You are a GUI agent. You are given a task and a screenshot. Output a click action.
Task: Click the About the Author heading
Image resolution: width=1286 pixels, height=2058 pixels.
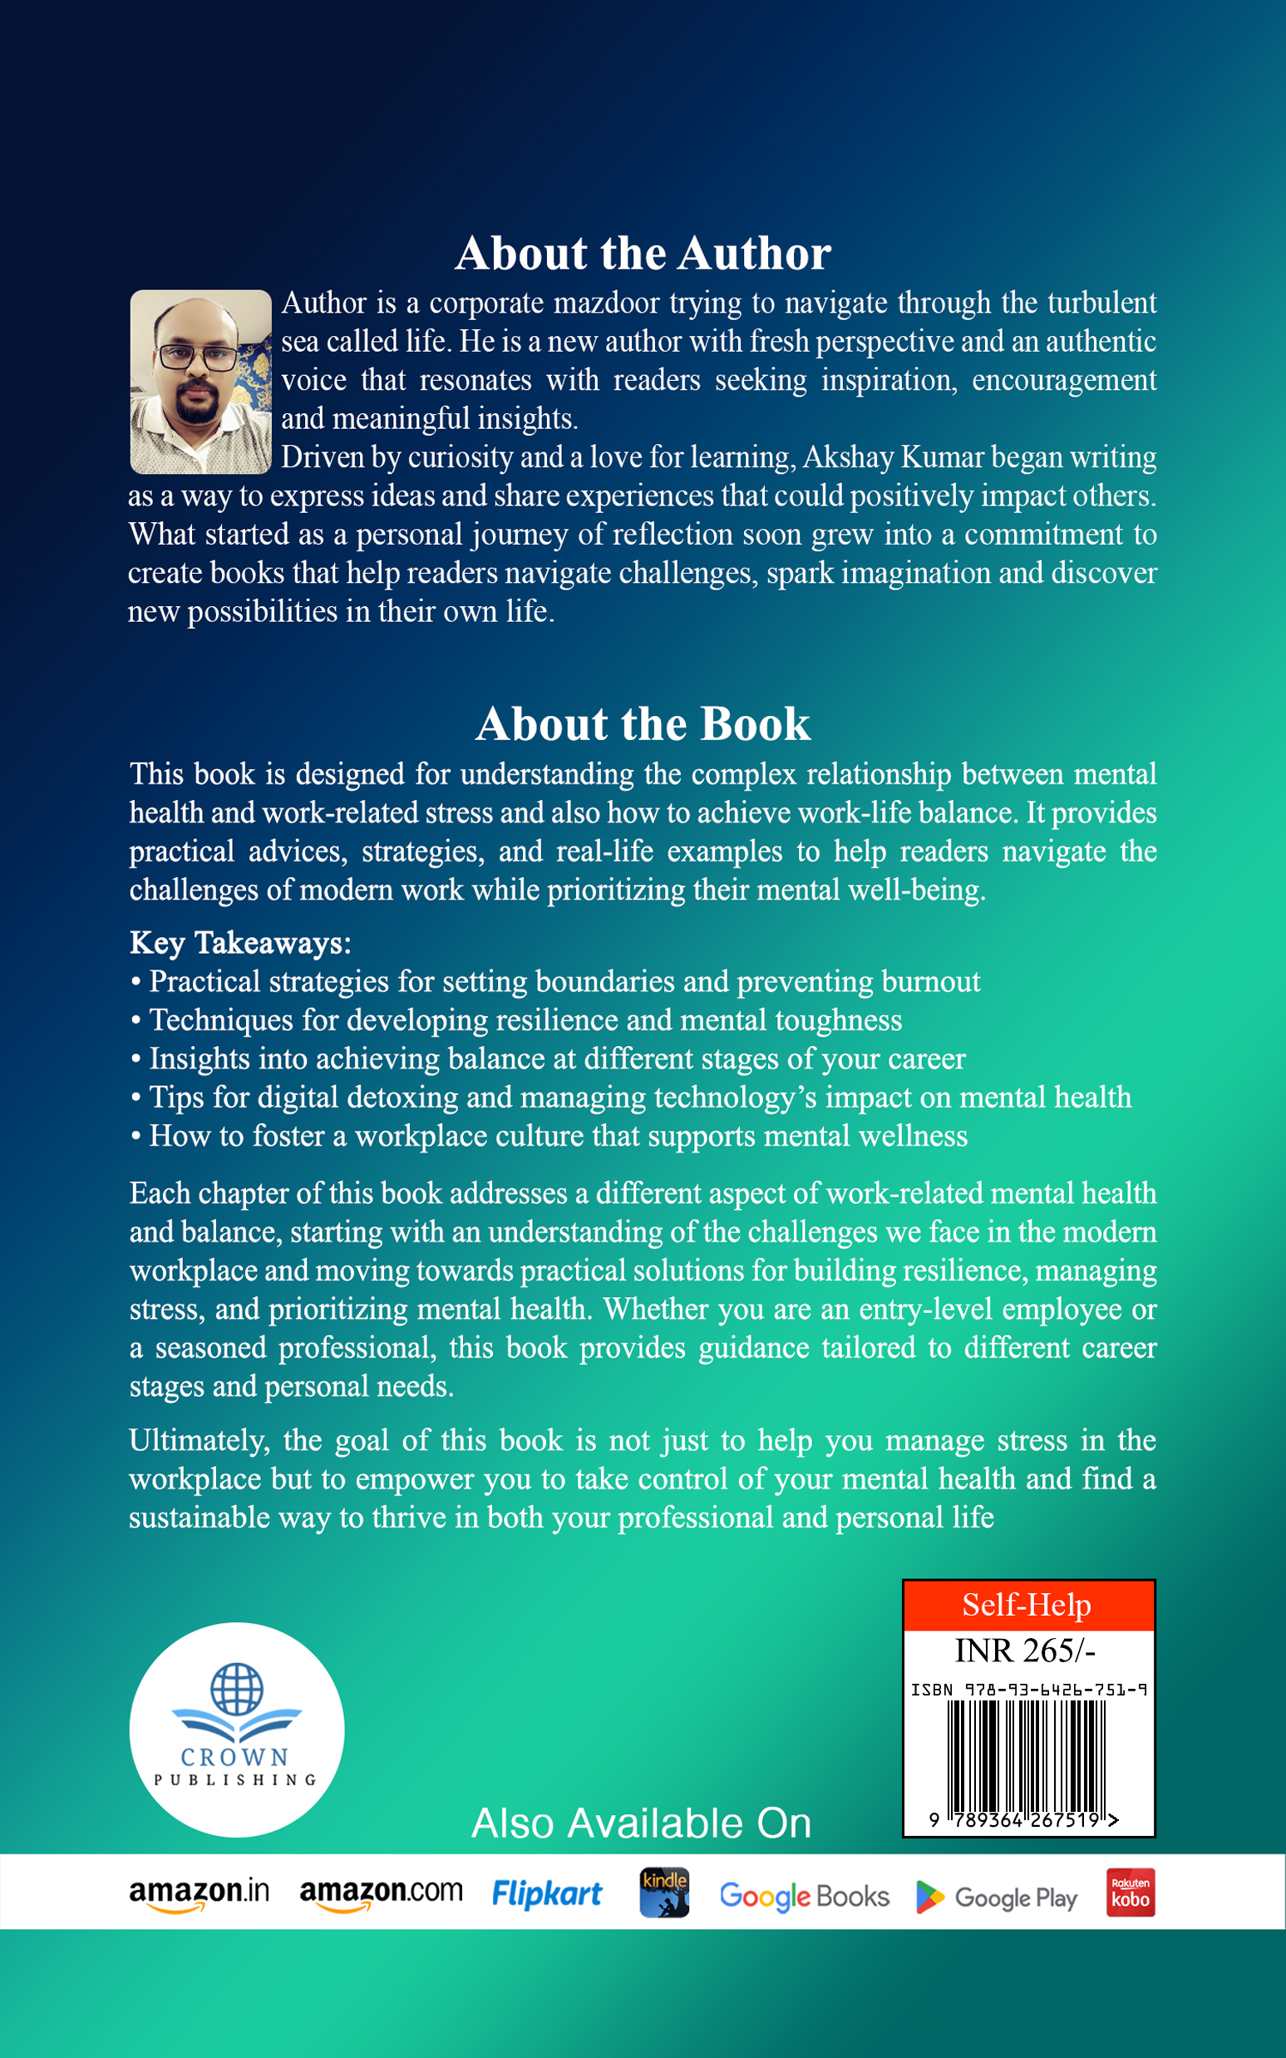(x=643, y=254)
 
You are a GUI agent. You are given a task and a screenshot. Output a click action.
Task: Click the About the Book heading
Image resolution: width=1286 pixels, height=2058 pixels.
(x=643, y=724)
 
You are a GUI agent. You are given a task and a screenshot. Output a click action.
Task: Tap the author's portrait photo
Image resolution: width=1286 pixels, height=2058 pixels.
(x=200, y=381)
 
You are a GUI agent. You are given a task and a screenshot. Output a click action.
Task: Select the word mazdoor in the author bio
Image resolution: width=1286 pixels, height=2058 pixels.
(x=605, y=303)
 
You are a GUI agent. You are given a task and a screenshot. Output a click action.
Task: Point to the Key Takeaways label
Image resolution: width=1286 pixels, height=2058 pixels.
(x=240, y=943)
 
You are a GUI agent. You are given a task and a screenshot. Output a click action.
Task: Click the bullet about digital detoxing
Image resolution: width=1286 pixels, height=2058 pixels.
(x=639, y=1098)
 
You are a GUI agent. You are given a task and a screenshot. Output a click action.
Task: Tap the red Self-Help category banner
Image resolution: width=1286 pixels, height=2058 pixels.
(x=1027, y=1606)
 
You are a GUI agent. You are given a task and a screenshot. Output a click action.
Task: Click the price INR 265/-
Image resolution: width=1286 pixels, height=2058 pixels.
(x=1025, y=1651)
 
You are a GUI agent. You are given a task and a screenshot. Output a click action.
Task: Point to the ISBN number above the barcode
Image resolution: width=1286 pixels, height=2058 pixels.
(x=1029, y=1690)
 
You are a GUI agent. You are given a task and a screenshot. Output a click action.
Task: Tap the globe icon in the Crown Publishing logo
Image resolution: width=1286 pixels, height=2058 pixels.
(x=236, y=1689)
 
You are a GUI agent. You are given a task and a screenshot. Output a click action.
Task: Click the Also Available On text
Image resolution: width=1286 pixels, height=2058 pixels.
(x=641, y=1824)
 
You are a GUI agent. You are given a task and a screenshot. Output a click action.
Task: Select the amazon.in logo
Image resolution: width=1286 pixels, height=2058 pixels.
(x=199, y=1895)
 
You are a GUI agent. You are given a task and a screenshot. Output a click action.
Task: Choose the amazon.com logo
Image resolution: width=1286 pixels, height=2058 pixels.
(x=381, y=1895)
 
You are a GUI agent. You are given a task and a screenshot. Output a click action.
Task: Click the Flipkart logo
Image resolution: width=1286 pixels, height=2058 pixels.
(x=547, y=1895)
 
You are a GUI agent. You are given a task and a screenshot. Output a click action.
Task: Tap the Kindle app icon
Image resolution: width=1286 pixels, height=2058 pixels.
(x=664, y=1893)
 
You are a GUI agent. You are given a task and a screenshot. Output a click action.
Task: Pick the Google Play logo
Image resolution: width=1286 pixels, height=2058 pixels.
(x=997, y=1898)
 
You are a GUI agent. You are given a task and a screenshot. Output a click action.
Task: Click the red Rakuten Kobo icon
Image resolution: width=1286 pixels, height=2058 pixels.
(x=1131, y=1893)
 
